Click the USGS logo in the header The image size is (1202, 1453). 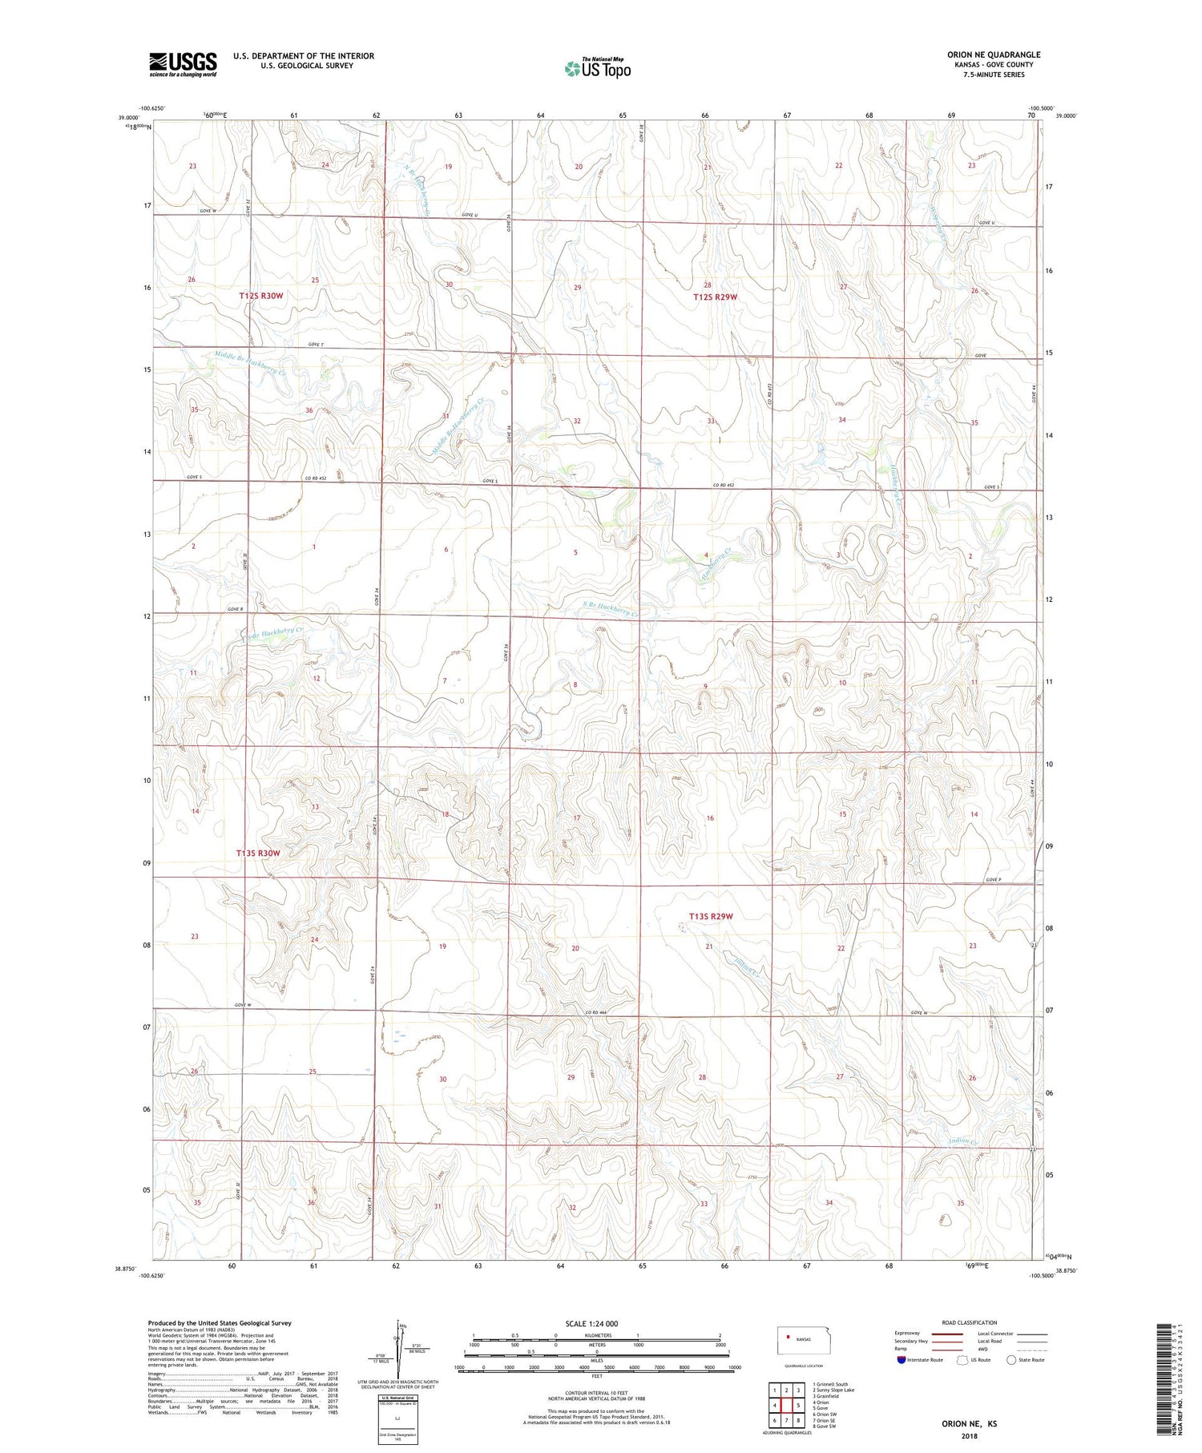pyautogui.click(x=183, y=63)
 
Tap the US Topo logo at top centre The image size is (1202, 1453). pyautogui.click(x=597, y=68)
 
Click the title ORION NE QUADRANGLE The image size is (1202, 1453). pyautogui.click(x=993, y=54)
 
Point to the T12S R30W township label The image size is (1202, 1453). pyautogui.click(x=261, y=296)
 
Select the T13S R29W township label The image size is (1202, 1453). pyautogui.click(x=711, y=916)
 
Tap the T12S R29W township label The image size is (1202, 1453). pyautogui.click(x=715, y=297)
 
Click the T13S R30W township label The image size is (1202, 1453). pyautogui.click(x=259, y=854)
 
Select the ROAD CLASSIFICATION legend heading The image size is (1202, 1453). pyautogui.click(x=970, y=1322)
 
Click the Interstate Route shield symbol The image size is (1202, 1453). pyautogui.click(x=901, y=1359)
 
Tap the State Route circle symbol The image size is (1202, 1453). pyautogui.click(x=1011, y=1359)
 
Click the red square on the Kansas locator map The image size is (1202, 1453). pyautogui.click(x=789, y=1337)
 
